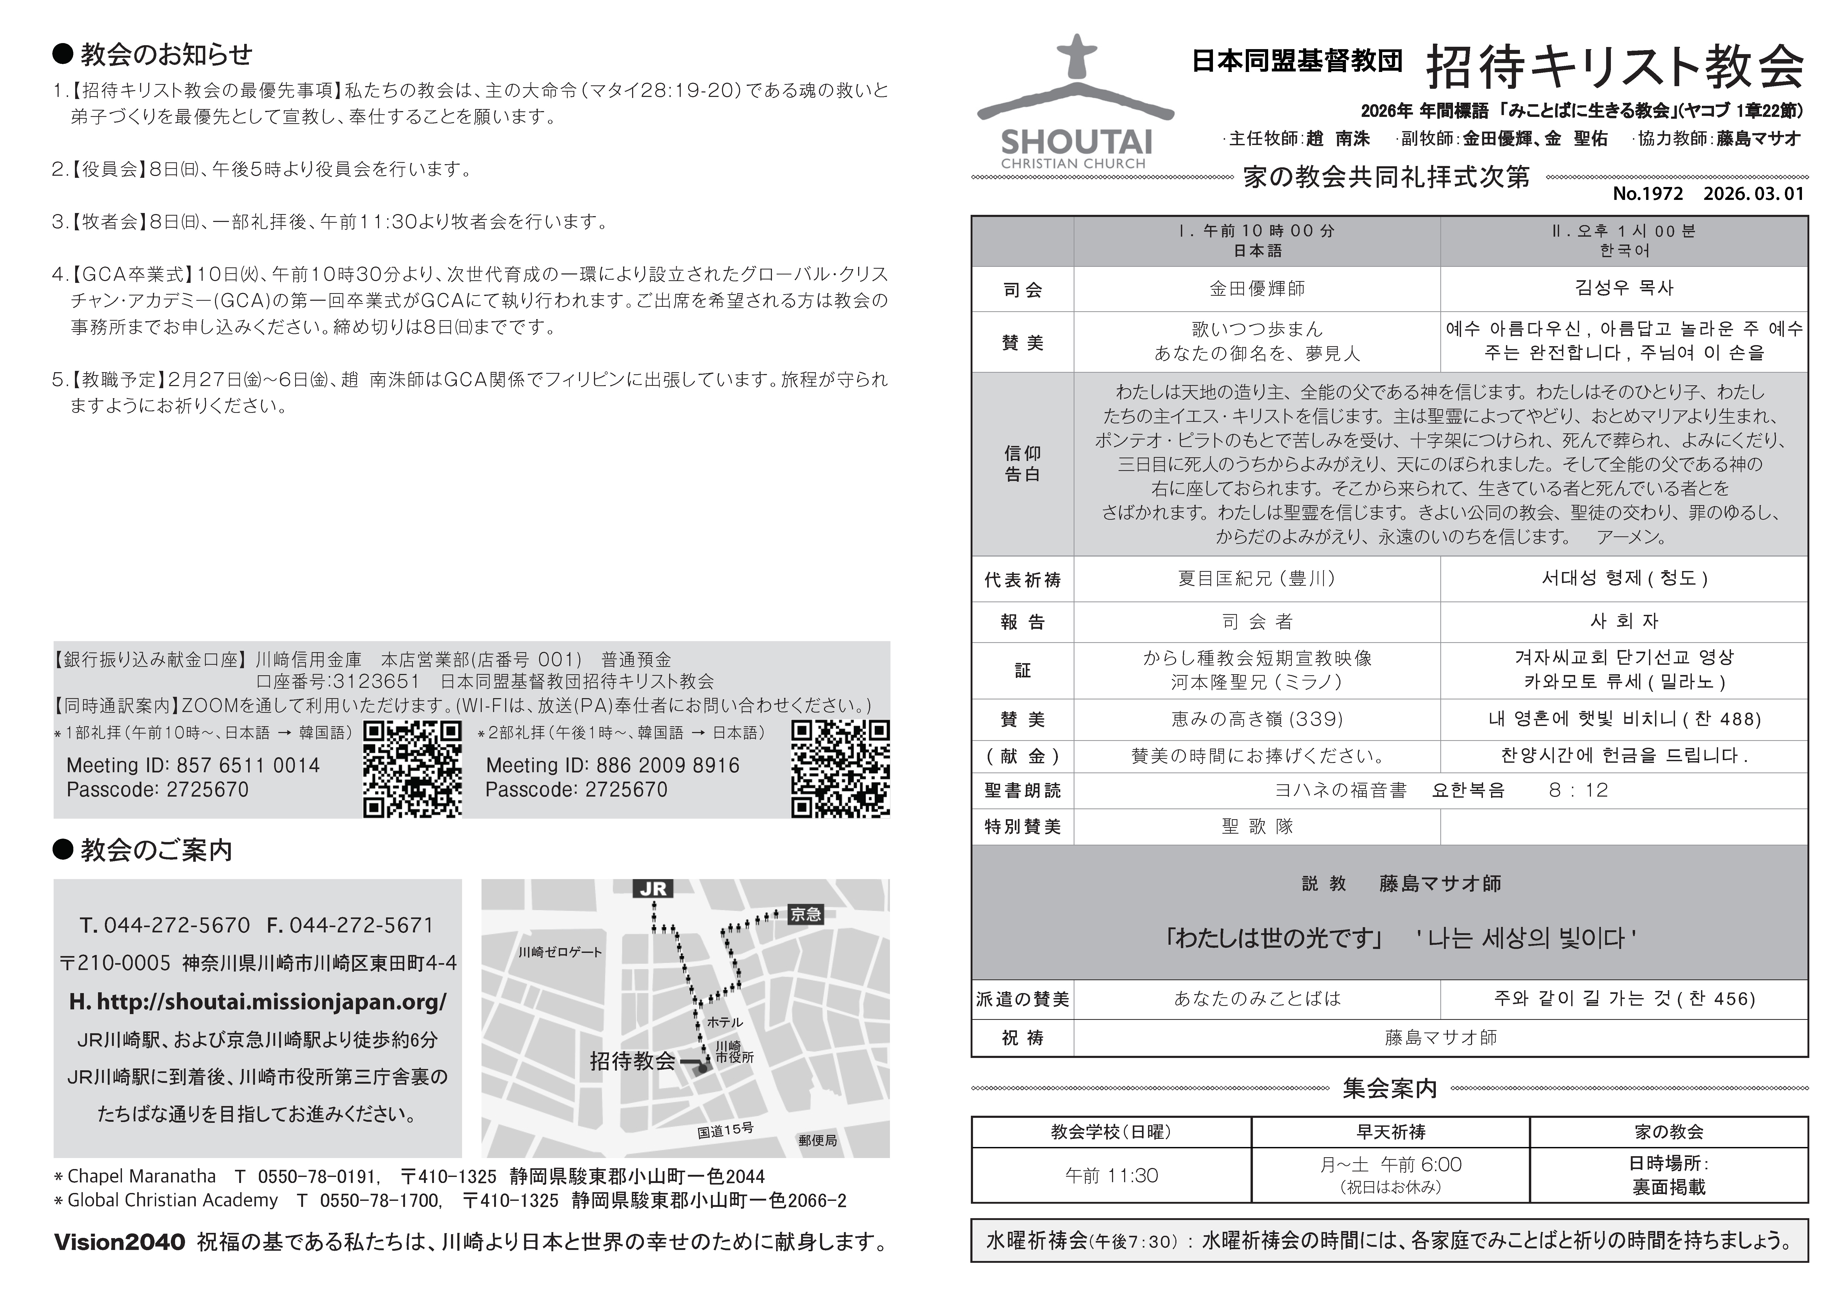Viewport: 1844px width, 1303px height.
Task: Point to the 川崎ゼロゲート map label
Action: point(560,952)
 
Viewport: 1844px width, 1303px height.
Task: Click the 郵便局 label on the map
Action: point(818,1140)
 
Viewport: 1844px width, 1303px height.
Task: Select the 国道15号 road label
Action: point(725,1130)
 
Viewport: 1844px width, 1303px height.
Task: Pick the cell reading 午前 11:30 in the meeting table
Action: point(1111,1176)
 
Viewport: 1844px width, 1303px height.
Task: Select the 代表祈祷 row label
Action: point(1022,580)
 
